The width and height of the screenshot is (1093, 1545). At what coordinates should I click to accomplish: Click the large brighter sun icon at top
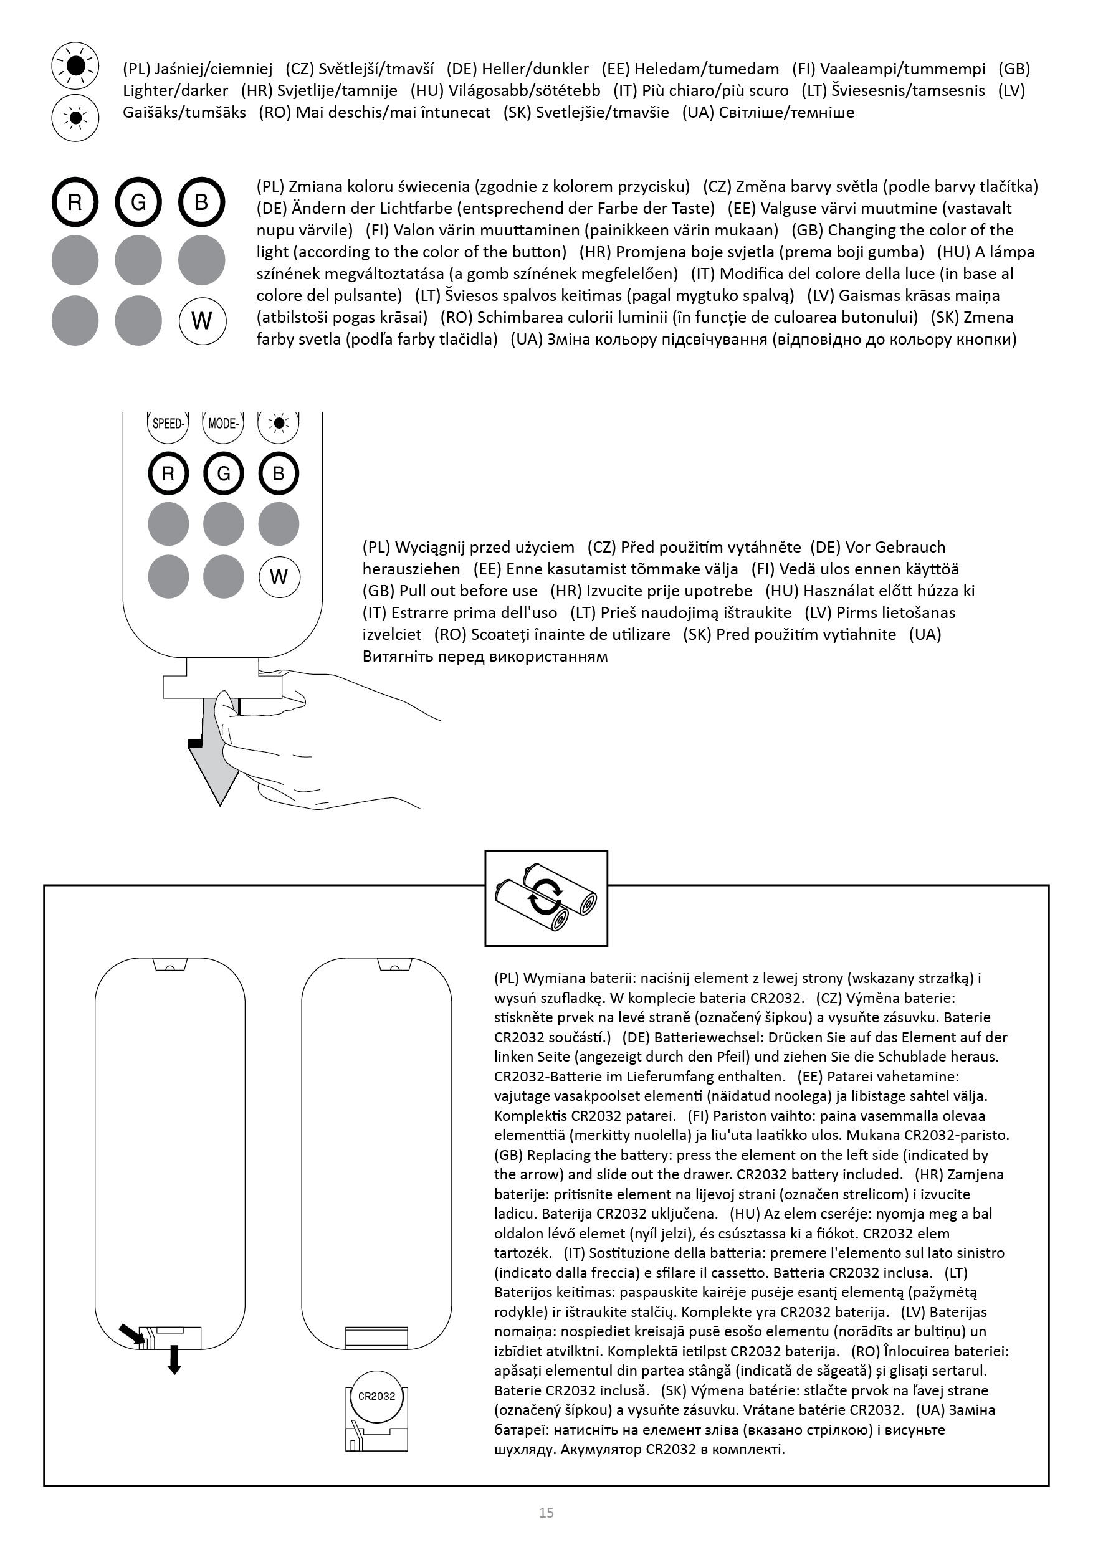[x=75, y=66]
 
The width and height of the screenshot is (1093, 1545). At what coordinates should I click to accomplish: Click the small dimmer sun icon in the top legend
[x=75, y=118]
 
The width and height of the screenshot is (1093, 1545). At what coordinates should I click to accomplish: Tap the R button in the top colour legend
[x=75, y=202]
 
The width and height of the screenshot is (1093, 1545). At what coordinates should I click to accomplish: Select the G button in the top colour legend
[x=138, y=202]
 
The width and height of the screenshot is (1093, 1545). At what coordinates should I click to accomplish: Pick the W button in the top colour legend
[x=202, y=321]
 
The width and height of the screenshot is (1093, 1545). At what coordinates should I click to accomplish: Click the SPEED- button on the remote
[x=168, y=424]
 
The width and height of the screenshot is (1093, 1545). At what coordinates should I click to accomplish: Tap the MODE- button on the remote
[x=222, y=424]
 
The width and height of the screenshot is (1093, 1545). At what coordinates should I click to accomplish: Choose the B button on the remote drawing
[x=279, y=474]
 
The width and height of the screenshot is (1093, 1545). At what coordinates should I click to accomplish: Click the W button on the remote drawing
[x=279, y=577]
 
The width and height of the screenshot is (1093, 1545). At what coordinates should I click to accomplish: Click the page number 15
[x=546, y=1513]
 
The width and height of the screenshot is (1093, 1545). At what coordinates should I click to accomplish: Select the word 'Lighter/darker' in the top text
[x=176, y=91]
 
